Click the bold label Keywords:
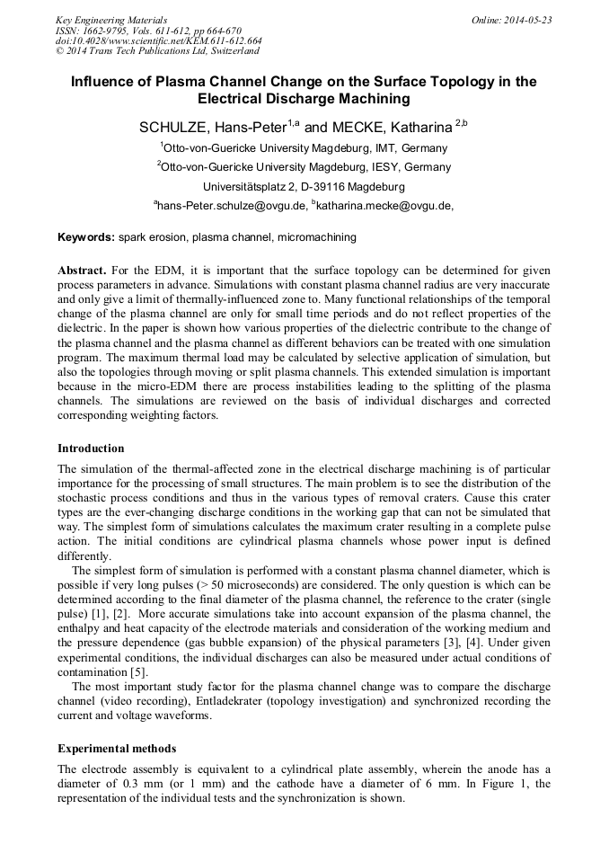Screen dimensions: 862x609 pos(86,238)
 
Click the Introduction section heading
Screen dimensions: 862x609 pos(91,449)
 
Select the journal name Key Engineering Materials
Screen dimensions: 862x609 pos(111,20)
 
